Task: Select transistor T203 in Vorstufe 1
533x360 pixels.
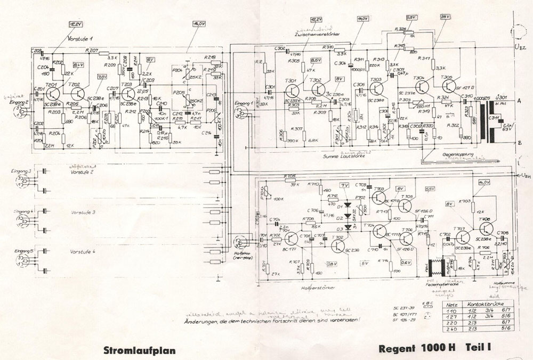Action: (128, 94)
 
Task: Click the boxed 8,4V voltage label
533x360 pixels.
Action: (78, 64)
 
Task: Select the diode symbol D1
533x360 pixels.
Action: (350, 204)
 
